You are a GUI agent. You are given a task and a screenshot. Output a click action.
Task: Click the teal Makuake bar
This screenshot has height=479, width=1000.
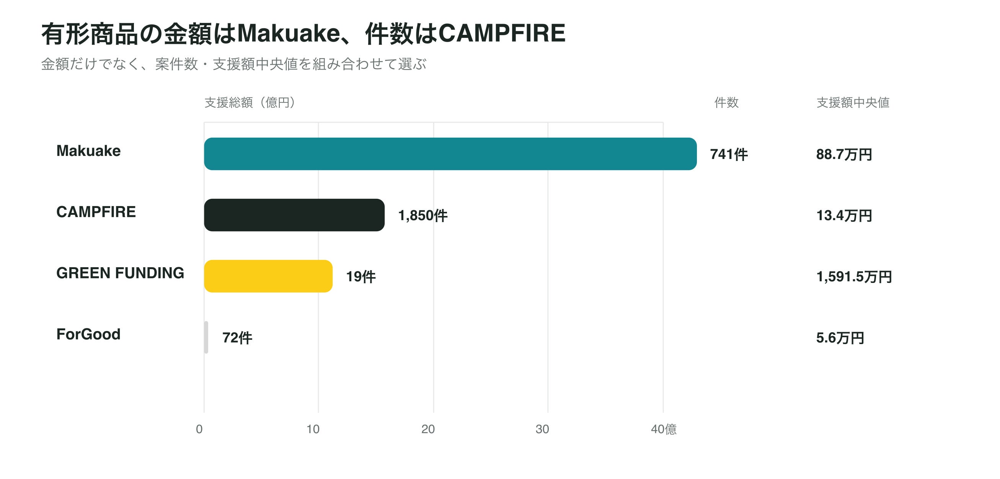(450, 154)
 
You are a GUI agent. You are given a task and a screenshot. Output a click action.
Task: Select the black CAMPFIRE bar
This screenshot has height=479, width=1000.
(294, 215)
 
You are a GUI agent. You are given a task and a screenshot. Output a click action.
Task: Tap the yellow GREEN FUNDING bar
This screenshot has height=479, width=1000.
(268, 276)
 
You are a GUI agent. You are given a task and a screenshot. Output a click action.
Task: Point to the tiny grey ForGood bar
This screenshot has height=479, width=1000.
(206, 338)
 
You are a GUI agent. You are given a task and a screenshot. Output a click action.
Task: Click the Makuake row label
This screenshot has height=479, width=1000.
(88, 151)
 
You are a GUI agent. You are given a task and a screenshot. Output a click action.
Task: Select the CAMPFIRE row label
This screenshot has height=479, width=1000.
(96, 212)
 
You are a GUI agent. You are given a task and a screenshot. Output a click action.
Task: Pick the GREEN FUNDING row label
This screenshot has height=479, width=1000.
(120, 273)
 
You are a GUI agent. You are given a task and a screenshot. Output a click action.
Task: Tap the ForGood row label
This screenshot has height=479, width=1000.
(88, 334)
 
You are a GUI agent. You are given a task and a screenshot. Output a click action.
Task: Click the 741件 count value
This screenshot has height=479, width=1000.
(729, 154)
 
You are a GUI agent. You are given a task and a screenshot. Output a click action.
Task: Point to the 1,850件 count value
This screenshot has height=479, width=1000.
(423, 216)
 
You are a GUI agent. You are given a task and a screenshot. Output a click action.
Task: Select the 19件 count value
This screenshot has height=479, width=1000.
(361, 277)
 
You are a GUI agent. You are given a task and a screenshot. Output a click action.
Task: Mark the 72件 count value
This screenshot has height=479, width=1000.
(237, 338)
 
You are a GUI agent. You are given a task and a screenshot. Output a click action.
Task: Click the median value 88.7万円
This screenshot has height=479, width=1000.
(844, 154)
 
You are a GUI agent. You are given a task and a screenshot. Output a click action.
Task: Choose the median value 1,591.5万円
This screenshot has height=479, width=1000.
(854, 277)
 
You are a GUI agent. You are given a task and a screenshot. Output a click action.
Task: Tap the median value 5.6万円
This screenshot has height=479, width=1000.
(840, 338)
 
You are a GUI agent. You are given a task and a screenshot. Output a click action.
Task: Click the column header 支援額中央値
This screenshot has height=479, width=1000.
(853, 102)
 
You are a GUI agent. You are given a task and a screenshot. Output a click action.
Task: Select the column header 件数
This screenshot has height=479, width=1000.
(726, 102)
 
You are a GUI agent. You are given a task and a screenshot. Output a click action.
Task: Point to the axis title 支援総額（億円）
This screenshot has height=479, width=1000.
(250, 102)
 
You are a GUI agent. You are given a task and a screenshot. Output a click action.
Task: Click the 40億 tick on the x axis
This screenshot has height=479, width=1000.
(664, 429)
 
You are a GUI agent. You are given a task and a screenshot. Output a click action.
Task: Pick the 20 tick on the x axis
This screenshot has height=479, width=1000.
(428, 429)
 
